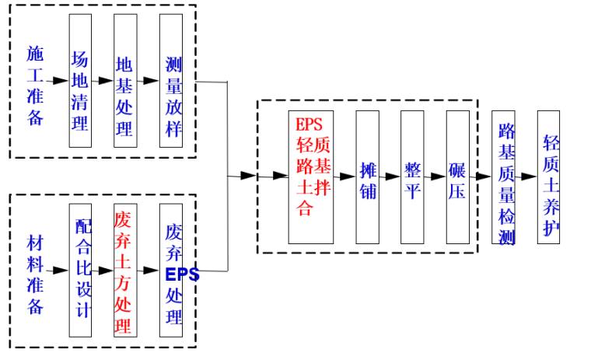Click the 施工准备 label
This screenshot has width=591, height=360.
(36, 85)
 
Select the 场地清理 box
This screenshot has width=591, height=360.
(80, 81)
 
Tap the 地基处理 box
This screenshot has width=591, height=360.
(124, 81)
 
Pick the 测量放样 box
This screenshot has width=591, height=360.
(171, 81)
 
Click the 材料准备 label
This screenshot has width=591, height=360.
(36, 272)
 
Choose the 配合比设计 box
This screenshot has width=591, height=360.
(80, 270)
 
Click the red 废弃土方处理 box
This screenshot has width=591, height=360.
(124, 270)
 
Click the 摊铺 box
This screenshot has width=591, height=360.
(368, 177)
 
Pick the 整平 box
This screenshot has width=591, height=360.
(412, 177)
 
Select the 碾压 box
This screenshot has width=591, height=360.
(457, 177)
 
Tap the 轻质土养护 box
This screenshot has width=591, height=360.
(548, 177)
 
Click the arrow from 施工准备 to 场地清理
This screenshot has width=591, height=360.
(57, 80)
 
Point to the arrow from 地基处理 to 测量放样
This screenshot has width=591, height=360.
(148, 80)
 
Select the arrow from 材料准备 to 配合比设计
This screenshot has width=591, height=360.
(57, 271)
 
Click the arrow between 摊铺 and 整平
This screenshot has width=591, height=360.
(390, 177)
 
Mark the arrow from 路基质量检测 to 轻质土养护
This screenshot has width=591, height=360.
(526, 177)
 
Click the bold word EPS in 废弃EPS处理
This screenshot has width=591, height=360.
(182, 274)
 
